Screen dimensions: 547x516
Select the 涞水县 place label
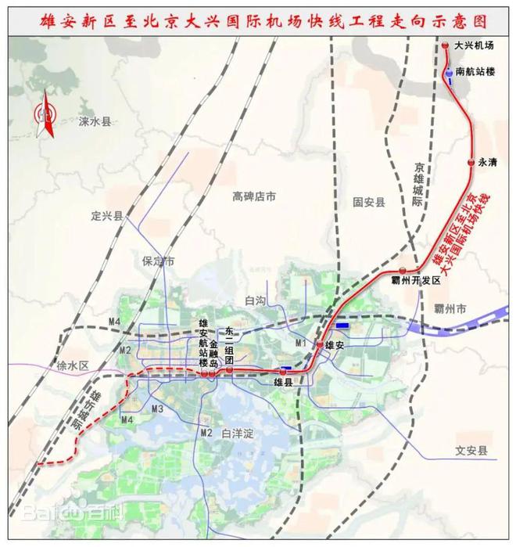coord(96,122)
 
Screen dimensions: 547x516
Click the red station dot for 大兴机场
coord(445,46)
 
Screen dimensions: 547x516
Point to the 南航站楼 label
coord(475,71)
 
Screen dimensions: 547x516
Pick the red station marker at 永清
coord(471,162)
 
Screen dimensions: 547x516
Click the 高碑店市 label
coord(255,198)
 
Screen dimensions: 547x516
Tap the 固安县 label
coord(369,202)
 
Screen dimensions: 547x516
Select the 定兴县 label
coord(107,216)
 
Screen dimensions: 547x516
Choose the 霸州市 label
coord(450,309)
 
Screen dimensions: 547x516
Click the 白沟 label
coord(256,300)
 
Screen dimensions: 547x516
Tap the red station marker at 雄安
coord(320,345)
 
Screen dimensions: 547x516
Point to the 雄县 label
coord(282,382)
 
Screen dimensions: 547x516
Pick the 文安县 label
coord(471,452)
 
